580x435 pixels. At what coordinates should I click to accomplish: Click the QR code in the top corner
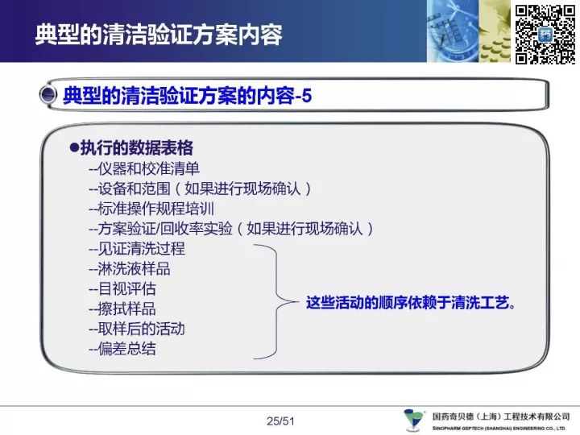click(x=545, y=35)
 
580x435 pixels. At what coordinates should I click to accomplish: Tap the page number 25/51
click(x=280, y=421)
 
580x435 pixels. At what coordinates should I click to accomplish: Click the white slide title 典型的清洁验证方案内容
click(x=159, y=35)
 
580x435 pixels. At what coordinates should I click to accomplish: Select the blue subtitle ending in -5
click(x=187, y=95)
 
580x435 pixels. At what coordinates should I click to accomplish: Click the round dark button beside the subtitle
click(x=48, y=94)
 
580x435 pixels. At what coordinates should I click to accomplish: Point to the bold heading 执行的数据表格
click(x=136, y=148)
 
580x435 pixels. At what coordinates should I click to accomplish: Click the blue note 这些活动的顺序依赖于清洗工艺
click(x=411, y=303)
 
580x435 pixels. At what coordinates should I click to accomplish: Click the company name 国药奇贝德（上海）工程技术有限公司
click(x=501, y=416)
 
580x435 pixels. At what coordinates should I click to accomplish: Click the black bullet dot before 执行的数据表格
click(x=74, y=148)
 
